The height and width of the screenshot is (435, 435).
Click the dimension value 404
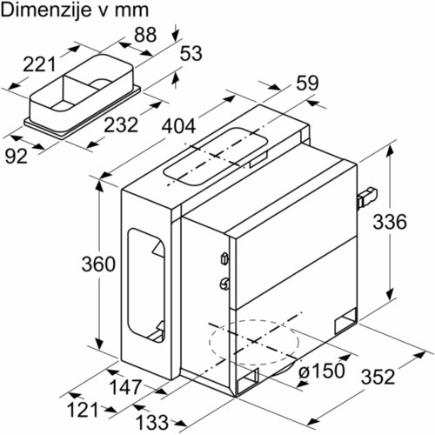coord(178,127)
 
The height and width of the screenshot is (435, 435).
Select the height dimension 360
coord(98,264)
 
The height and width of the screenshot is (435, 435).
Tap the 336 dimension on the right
coord(390,222)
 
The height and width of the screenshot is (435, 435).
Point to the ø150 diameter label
coord(322,371)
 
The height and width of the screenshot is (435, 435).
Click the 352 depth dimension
coord(378,377)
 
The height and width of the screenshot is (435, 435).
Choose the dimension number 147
coord(125,387)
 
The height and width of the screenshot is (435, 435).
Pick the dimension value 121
coord(83,410)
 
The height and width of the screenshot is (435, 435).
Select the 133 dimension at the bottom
coord(152,422)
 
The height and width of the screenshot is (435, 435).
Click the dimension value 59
coord(307,83)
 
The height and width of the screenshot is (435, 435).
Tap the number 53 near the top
coord(191,54)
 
